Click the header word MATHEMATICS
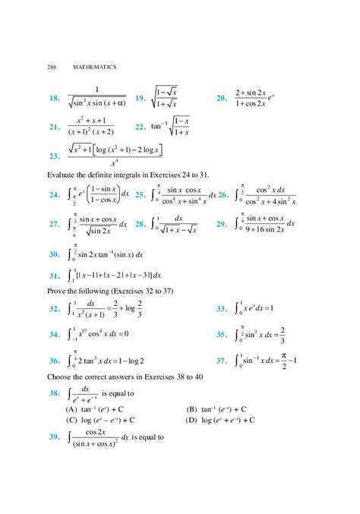pos(95,68)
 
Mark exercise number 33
pos(222,309)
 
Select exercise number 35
pos(222,334)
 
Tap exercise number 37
pos(222,361)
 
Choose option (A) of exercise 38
pos(72,407)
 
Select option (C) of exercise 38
pos(72,418)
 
